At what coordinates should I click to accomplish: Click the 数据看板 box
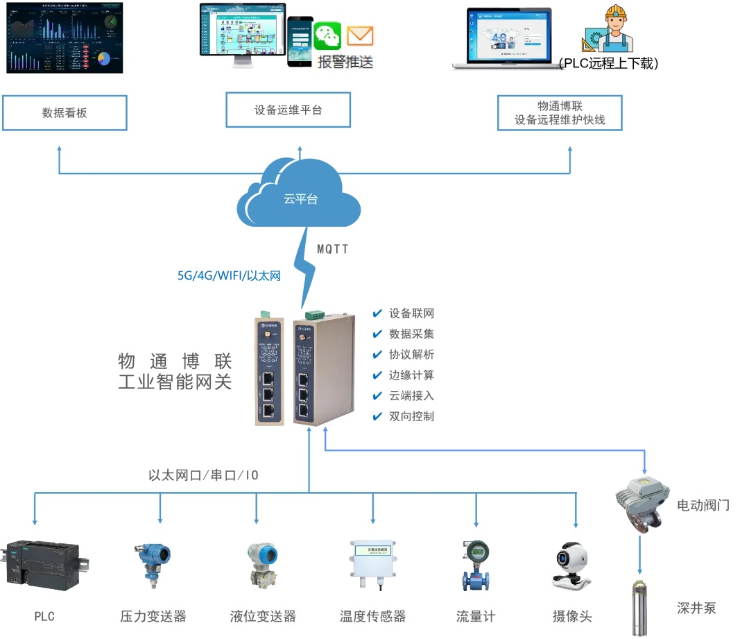point(64,112)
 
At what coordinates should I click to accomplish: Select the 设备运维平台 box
point(288,110)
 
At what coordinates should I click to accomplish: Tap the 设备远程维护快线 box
point(560,113)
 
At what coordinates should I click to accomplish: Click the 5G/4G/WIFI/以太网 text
point(229,275)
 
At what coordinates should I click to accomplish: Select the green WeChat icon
point(327,36)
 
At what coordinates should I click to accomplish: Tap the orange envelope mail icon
point(360,35)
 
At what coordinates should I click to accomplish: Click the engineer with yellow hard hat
point(613,29)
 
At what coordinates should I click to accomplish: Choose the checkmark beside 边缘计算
point(377,375)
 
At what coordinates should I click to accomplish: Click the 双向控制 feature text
point(411,416)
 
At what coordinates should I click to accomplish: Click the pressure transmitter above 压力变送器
point(151,565)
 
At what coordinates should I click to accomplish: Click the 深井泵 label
point(696,608)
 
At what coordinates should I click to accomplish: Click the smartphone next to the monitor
point(300,42)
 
